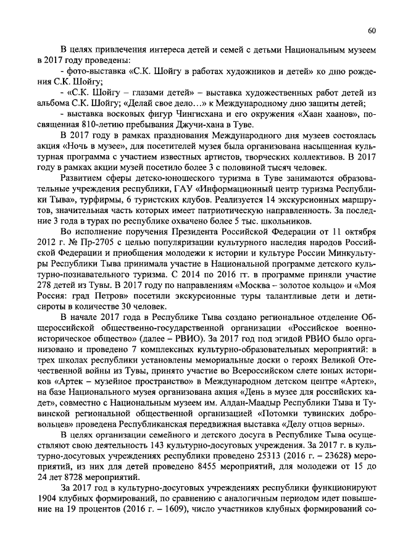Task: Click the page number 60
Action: click(372, 31)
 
